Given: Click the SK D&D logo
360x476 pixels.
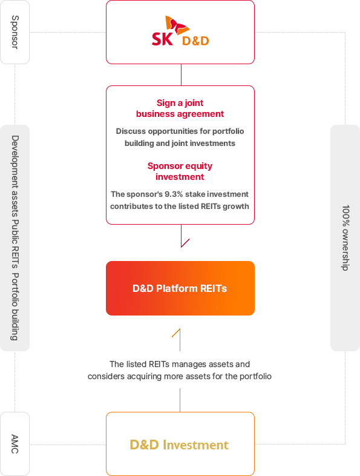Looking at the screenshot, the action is [180, 31].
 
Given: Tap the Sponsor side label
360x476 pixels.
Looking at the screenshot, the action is [15, 32].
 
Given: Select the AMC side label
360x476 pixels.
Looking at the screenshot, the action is [15, 444].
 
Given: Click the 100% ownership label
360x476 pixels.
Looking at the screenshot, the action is [345, 238].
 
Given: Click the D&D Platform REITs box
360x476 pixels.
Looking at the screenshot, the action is [180, 288].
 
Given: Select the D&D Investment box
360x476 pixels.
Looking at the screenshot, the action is [180, 444].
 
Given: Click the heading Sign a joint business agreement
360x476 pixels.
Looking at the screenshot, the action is [180, 108].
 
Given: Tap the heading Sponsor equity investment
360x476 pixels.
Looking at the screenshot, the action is [180, 171].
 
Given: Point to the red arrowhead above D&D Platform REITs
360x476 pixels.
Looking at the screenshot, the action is [183, 243].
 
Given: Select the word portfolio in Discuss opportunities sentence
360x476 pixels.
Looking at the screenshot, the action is [227, 131].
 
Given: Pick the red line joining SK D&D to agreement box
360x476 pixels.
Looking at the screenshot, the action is [181, 74].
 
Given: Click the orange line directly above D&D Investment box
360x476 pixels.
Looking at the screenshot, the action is [180, 400].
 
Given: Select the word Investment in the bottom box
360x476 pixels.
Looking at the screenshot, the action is [195, 445].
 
